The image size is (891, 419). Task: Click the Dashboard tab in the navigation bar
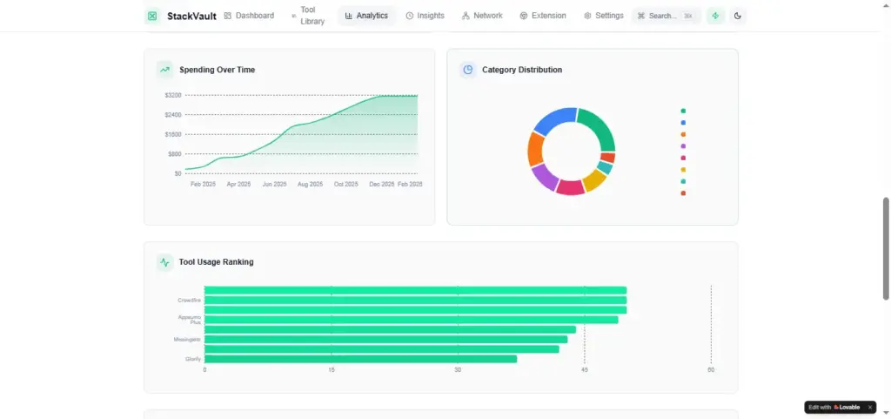pyautogui.click(x=249, y=16)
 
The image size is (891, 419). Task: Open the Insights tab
pyautogui.click(x=425, y=16)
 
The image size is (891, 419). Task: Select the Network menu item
pyautogui.click(x=482, y=16)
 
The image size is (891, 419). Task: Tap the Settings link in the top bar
pyautogui.click(x=604, y=16)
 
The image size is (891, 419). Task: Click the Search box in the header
pyautogui.click(x=666, y=16)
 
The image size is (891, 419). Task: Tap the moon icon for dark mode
pyautogui.click(x=738, y=16)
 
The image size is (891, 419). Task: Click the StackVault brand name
pyautogui.click(x=191, y=16)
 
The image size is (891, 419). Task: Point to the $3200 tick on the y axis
pyautogui.click(x=172, y=95)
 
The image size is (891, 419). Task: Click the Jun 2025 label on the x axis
pyautogui.click(x=274, y=185)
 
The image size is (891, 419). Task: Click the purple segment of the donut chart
pyautogui.click(x=544, y=177)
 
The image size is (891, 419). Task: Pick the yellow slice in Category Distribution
pyautogui.click(x=595, y=180)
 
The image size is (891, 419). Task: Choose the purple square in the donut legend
pyautogui.click(x=683, y=146)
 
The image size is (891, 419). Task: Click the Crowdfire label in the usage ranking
pyautogui.click(x=189, y=301)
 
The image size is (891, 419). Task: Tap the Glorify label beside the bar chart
pyautogui.click(x=193, y=359)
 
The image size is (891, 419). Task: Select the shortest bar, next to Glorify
pyautogui.click(x=360, y=359)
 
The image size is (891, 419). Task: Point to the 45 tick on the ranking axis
pyautogui.click(x=585, y=370)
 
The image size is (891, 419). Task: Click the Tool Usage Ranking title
pyautogui.click(x=216, y=261)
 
